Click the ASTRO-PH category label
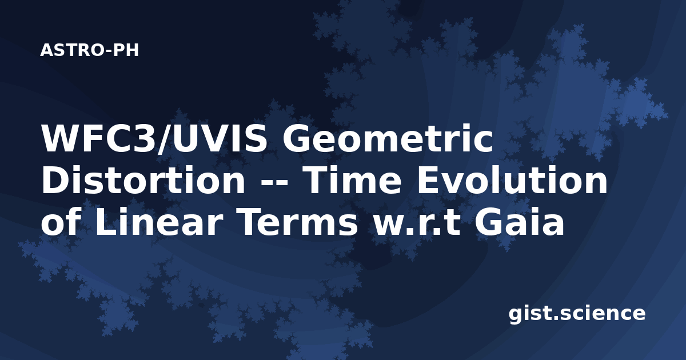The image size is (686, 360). click(89, 50)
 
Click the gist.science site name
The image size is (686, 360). click(577, 314)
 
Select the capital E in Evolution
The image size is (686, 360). click(428, 181)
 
